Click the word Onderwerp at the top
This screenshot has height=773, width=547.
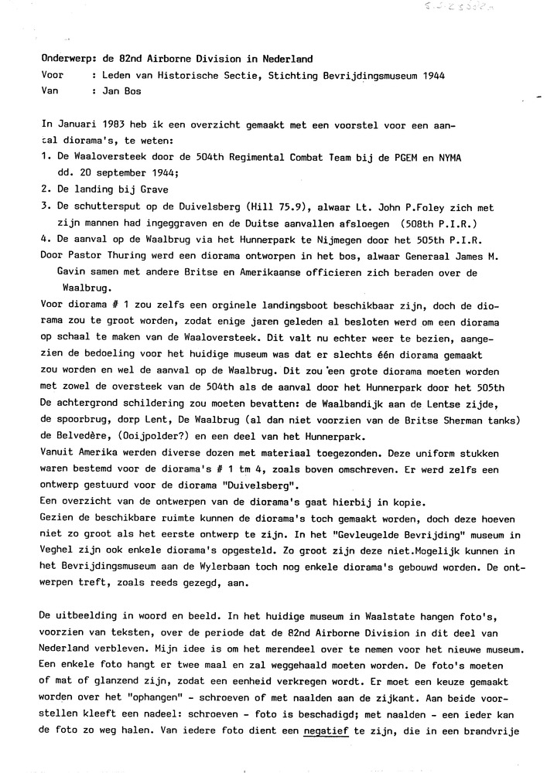[x=67, y=59]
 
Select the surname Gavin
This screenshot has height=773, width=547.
[x=74, y=273]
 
